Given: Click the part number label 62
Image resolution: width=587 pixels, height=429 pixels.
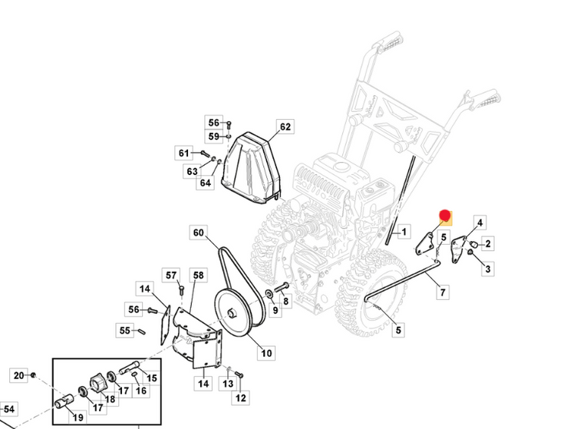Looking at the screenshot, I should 285,127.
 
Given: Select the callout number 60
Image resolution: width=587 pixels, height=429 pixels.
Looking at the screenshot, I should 199,233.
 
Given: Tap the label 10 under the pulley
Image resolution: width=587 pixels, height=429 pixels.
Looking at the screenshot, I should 266,354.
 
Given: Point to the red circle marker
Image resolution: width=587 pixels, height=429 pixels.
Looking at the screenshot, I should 444,216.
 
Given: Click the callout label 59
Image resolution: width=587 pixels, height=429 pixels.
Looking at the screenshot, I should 213,137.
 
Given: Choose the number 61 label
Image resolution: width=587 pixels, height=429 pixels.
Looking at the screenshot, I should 184,153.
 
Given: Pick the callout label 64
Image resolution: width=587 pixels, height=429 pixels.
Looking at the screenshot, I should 205,183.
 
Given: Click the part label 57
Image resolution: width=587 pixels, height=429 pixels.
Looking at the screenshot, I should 171,276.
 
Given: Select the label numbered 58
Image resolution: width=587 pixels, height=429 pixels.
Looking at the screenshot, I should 198,276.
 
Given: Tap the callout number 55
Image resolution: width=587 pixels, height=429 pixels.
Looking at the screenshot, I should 125,331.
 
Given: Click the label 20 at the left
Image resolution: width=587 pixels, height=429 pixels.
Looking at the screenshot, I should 19,375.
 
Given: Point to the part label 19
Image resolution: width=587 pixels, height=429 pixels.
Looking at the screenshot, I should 78,417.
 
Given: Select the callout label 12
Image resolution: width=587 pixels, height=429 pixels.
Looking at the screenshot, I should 241,398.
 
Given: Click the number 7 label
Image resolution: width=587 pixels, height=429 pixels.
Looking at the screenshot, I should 443,292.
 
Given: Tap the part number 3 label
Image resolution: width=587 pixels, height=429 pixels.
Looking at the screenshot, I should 488,269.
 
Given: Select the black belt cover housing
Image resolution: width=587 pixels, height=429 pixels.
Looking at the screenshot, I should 251,169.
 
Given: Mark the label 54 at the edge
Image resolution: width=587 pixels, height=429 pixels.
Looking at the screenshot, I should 9,409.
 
